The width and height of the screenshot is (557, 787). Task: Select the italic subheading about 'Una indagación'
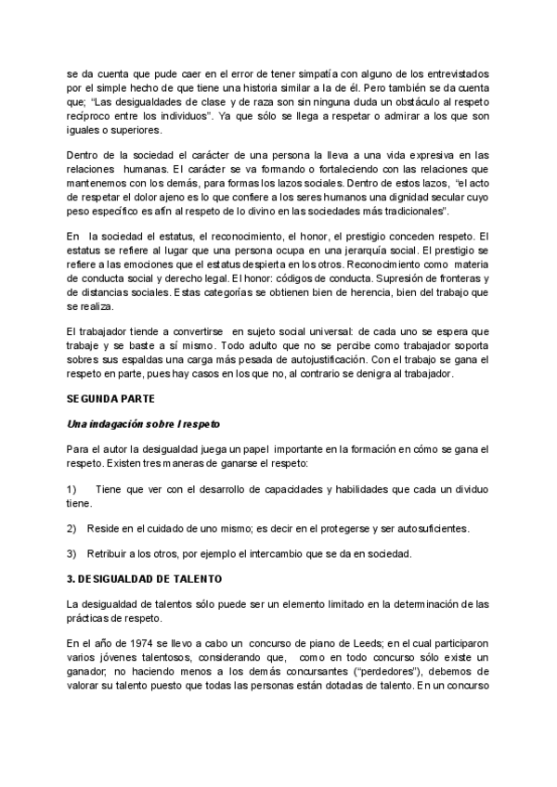[x=143, y=424]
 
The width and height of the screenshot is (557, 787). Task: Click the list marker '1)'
[x=71, y=488]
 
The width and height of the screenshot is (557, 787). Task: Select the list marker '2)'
[x=71, y=528]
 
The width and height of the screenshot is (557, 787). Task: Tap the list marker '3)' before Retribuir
[x=71, y=554]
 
